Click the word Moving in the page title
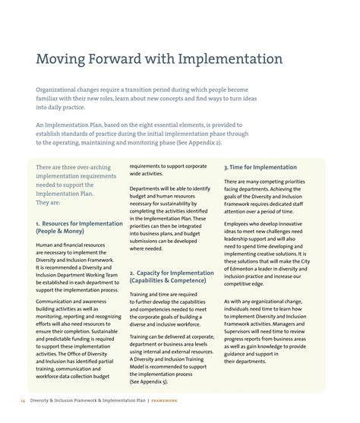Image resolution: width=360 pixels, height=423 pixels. [x=63, y=58]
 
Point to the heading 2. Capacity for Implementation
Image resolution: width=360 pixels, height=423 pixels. [x=171, y=273]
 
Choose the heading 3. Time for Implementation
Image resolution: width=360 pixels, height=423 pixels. [x=261, y=167]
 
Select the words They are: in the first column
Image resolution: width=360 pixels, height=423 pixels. [x=50, y=203]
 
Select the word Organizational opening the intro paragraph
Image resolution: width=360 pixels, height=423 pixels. [x=63, y=89]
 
